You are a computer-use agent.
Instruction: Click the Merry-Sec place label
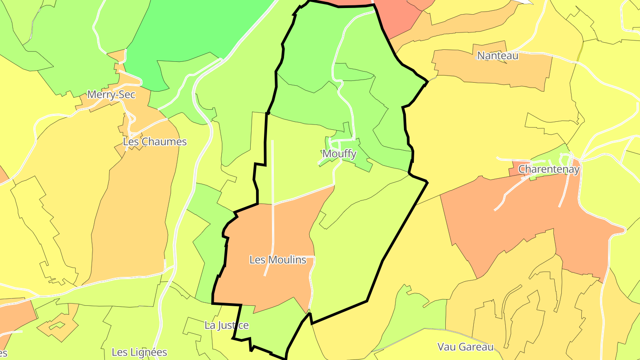tap(111, 94)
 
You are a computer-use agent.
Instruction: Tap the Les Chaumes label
tap(155, 142)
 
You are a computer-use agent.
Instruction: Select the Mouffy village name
tap(339, 154)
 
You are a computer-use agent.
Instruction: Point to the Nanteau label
tap(498, 56)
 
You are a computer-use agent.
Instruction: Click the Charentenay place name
tap(549, 169)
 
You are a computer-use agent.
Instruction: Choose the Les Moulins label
tap(278, 260)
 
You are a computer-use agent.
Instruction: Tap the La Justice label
tap(226, 325)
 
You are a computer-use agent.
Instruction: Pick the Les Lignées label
tap(139, 352)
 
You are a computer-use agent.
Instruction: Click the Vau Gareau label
tap(465, 347)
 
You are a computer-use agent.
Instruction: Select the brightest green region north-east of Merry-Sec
tap(200, 31)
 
